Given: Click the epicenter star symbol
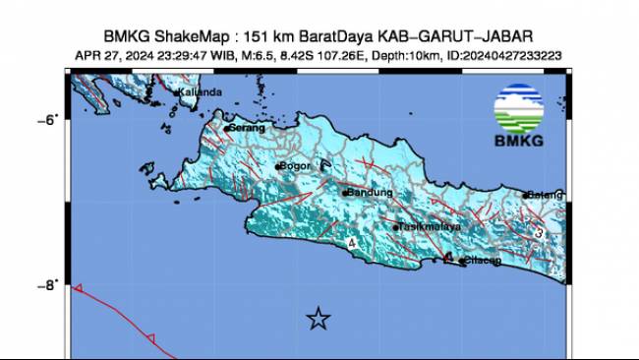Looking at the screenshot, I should point(318,318).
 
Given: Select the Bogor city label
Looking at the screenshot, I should point(296,166).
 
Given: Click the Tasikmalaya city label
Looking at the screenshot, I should point(430,227).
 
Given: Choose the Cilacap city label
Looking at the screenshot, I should point(482,261).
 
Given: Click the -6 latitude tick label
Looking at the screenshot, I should point(48,119).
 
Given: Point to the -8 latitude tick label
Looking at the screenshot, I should point(48,286).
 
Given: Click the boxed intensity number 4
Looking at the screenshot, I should point(351,242).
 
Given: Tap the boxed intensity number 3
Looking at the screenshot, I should point(540,232).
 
